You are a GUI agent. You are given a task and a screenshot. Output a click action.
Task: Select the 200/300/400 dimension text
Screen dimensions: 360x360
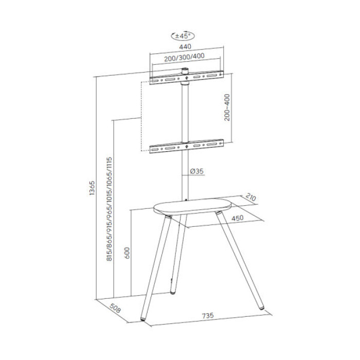pyautogui.click(x=184, y=59)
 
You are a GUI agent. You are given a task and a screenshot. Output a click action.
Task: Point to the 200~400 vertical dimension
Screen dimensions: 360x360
pyautogui.click(x=227, y=107)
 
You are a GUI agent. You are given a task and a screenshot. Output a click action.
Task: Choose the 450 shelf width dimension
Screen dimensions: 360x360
pyautogui.click(x=237, y=218)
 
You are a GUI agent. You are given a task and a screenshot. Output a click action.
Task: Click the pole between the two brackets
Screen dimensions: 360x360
pyautogui.click(x=186, y=113)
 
